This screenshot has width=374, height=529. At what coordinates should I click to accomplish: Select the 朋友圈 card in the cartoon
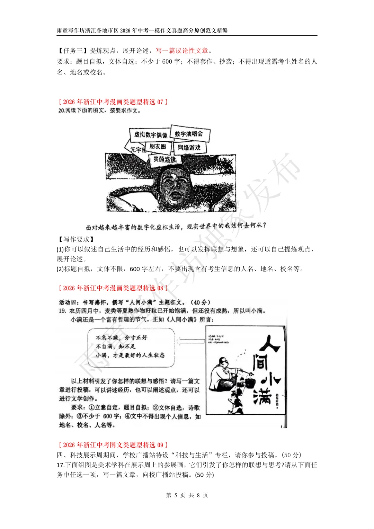pos(158,147)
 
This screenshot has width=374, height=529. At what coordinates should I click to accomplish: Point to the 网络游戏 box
pos(189,147)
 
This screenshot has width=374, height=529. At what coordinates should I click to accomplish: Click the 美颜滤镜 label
pos(165,159)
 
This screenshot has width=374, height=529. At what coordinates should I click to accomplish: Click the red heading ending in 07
pos(113,102)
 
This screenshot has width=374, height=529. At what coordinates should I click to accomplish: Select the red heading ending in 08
pos(113,288)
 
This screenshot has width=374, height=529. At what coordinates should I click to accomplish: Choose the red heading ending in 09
pos(113,445)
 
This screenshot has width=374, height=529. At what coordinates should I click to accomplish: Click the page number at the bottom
pos(187,495)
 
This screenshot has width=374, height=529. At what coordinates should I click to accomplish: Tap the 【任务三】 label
pos(73,51)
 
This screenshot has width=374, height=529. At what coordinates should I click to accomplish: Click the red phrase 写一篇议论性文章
pos(182,51)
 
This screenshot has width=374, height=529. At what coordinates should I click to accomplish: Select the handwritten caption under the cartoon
pos(176,227)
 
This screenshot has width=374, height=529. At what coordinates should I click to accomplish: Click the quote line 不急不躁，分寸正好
pos(122,337)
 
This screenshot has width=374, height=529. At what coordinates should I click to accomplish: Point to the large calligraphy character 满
pos(262,396)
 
